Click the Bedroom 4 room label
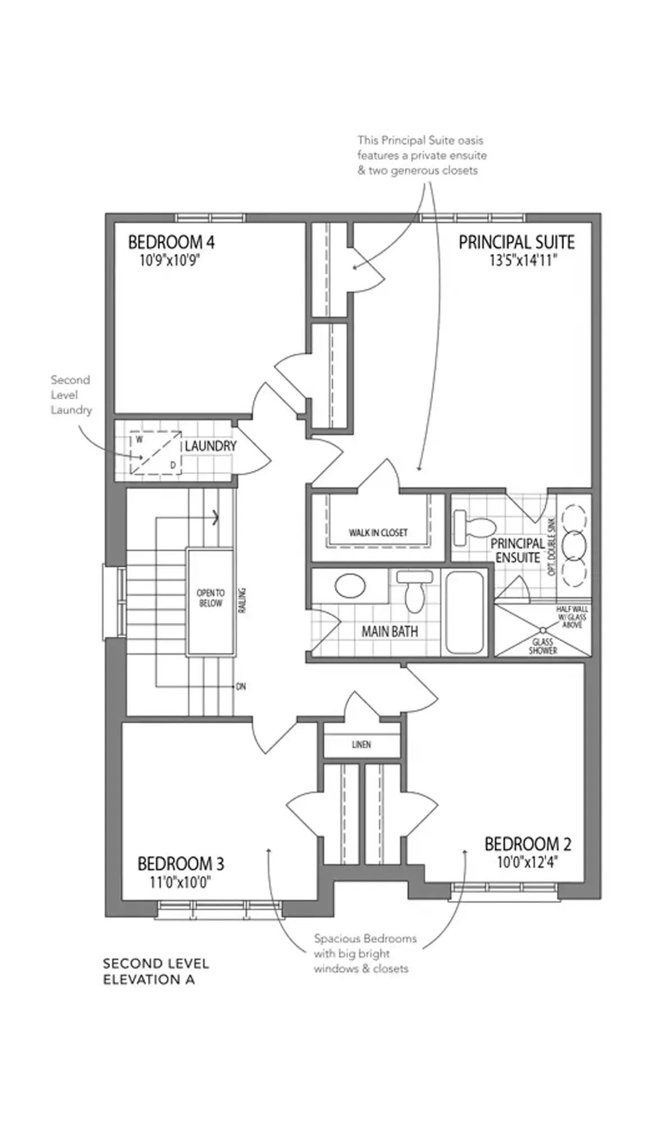point(171,243)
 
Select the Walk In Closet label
point(378,532)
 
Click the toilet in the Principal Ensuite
point(474,527)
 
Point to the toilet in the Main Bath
point(414,591)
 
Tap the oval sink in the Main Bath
point(350,586)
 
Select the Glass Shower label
point(543,646)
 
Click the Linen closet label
point(362,745)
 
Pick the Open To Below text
point(211,598)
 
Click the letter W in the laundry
point(139,440)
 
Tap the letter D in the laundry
point(173,465)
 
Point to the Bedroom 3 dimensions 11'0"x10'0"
point(180,882)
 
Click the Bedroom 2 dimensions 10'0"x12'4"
point(527,862)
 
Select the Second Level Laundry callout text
point(71,395)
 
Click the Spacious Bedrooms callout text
point(365,954)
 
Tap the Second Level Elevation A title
point(156,972)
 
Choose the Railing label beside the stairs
point(242,600)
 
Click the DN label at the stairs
point(241,686)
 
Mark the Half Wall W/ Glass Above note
point(572,617)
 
